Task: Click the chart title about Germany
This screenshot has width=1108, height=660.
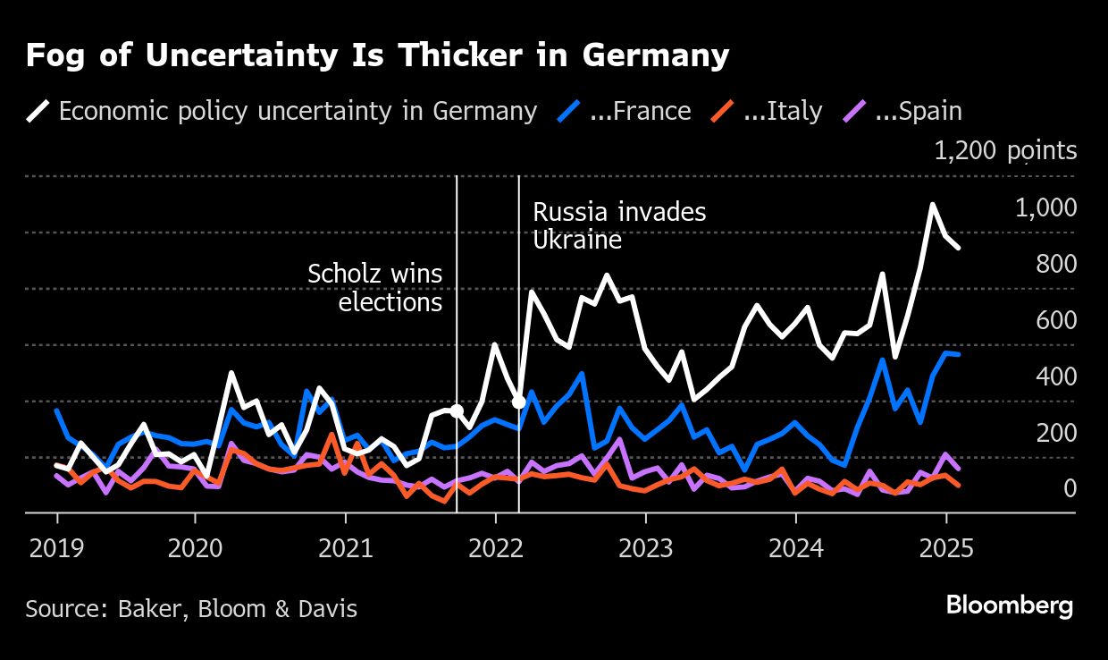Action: pyautogui.click(x=377, y=56)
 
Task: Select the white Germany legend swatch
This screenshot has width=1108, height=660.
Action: pyautogui.click(x=38, y=111)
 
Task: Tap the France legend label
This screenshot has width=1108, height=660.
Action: pyautogui.click(x=640, y=111)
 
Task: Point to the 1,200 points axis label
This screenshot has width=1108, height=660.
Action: pyautogui.click(x=1005, y=151)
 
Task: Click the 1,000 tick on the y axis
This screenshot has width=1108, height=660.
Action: pyautogui.click(x=1045, y=207)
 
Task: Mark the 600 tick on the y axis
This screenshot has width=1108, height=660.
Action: pyautogui.click(x=1057, y=320)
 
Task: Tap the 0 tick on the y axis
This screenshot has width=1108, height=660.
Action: pyautogui.click(x=1070, y=488)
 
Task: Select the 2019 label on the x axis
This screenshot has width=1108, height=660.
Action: pyautogui.click(x=56, y=546)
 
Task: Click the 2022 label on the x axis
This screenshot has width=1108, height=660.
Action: pyautogui.click(x=495, y=546)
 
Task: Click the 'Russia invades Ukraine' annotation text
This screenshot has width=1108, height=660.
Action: pyautogui.click(x=619, y=226)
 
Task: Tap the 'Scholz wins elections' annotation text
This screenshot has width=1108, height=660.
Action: pyautogui.click(x=374, y=287)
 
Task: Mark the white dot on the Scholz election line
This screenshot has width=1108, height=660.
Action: pyautogui.click(x=457, y=411)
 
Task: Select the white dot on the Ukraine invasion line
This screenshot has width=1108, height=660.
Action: pyautogui.click(x=519, y=402)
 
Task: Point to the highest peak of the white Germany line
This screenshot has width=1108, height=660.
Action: pyautogui.click(x=933, y=205)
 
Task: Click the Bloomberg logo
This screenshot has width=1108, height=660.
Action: pyautogui.click(x=1010, y=605)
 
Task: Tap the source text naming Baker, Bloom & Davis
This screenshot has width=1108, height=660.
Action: pyautogui.click(x=191, y=609)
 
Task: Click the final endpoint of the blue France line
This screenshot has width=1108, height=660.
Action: pyautogui.click(x=959, y=355)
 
